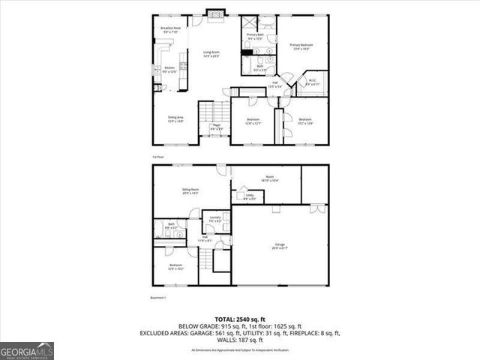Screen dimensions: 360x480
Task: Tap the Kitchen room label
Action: click(x=169, y=70)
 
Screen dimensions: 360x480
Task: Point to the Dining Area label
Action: click(x=175, y=118)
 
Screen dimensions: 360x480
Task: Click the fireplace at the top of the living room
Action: click(x=215, y=13)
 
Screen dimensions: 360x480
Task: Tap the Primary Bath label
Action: click(x=254, y=36)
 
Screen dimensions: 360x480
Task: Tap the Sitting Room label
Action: click(x=190, y=191)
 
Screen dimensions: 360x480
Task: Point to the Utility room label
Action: click(x=250, y=197)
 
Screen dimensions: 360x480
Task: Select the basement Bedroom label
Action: click(x=175, y=266)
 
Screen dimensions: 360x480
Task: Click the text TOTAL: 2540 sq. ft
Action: click(x=240, y=319)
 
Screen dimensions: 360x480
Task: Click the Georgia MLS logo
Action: click(x=26, y=349)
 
